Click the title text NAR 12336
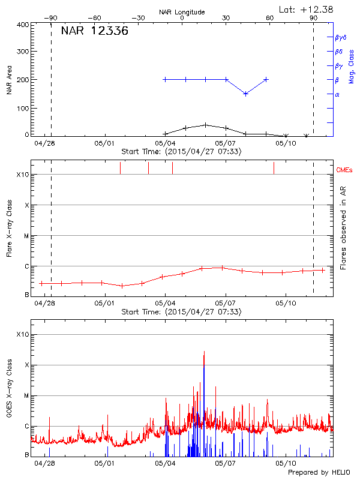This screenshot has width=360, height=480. pos(94,32)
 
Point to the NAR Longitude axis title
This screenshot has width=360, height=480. pos(182,12)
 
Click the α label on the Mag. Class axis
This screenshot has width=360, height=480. pos(337,94)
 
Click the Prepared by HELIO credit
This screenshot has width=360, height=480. pos(318,473)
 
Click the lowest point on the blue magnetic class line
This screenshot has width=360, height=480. pos(245,94)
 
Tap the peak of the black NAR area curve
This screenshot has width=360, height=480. pos(205,125)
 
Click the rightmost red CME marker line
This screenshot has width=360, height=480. pos(274,168)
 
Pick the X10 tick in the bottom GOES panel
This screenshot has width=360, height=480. pos(22,334)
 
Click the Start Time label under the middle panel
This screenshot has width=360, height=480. pos(181,313)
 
